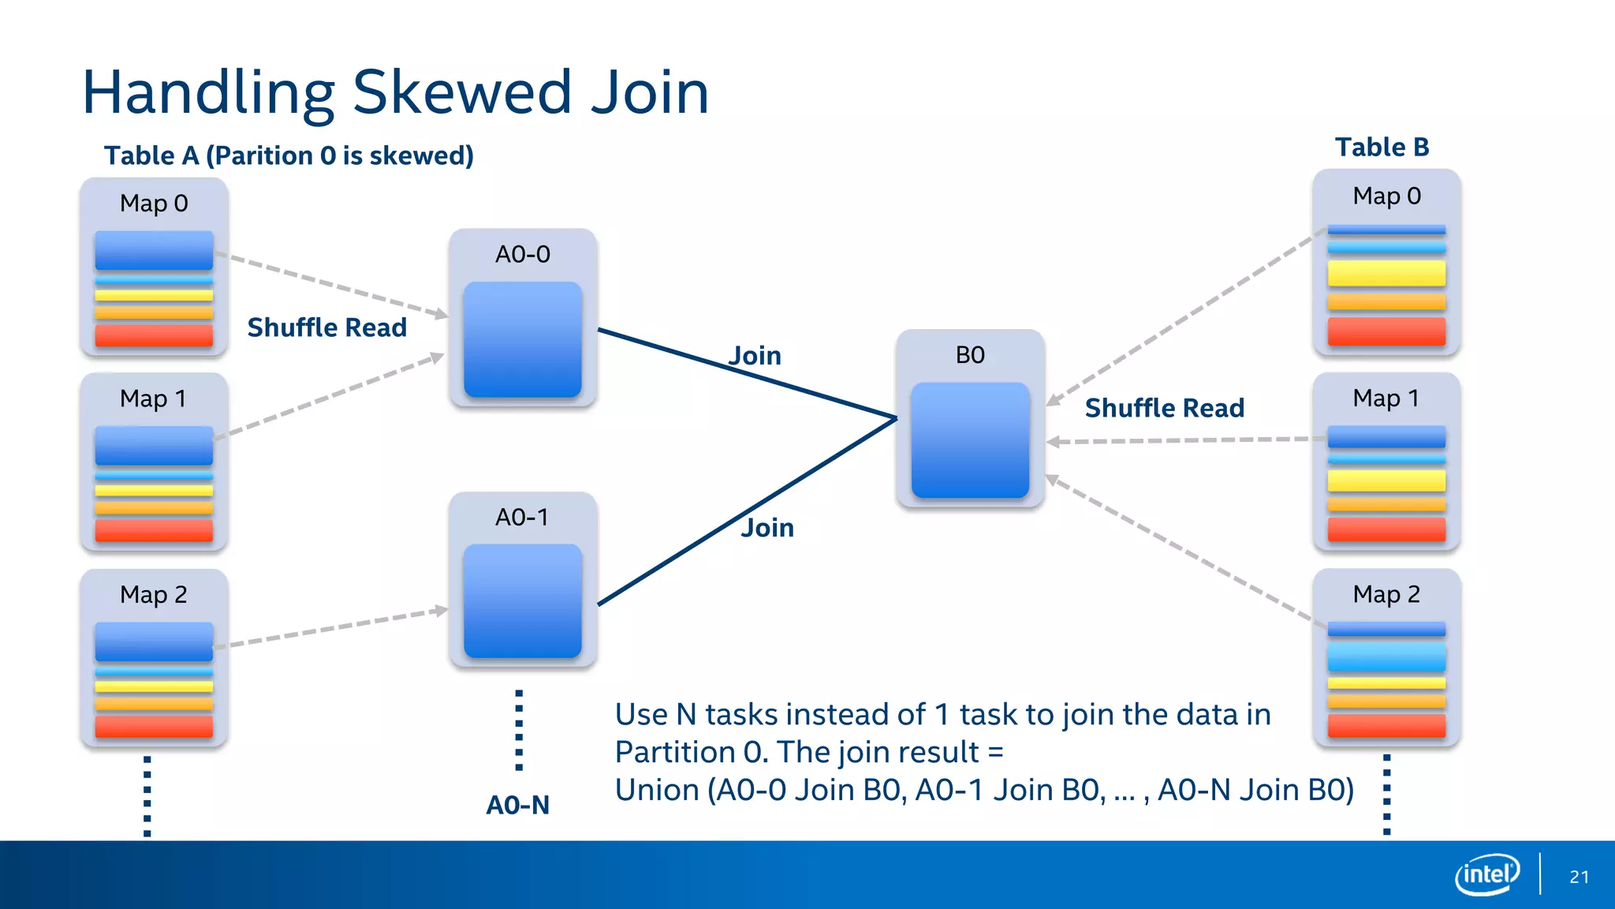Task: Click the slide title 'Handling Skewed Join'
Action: click(x=395, y=92)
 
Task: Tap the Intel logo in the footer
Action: click(x=1486, y=874)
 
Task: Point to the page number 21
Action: click(x=1579, y=877)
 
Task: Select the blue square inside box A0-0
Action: click(x=523, y=339)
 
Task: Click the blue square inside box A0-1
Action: click(x=523, y=601)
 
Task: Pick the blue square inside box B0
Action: click(x=970, y=440)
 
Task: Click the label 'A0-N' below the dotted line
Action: click(x=517, y=805)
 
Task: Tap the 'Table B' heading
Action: click(x=1382, y=147)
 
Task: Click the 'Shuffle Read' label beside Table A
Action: click(x=326, y=327)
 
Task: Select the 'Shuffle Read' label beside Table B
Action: click(x=1164, y=408)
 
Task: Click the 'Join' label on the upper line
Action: click(x=755, y=356)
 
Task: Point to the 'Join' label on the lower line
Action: click(x=766, y=528)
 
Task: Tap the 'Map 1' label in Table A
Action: click(x=153, y=398)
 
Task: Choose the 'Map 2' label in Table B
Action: click(x=1386, y=594)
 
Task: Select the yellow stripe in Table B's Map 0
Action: click(x=1386, y=274)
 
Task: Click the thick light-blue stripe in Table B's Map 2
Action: click(x=1386, y=656)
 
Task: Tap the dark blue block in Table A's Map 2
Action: click(x=154, y=641)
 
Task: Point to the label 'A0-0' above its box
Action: click(x=522, y=254)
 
